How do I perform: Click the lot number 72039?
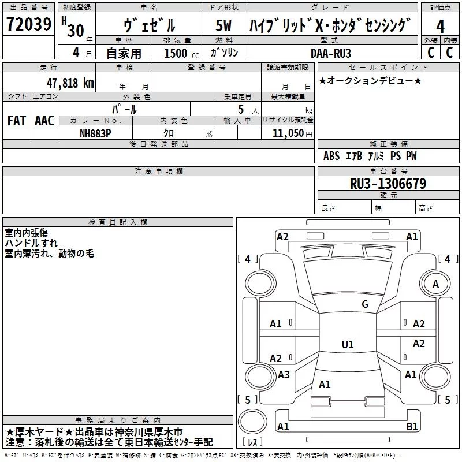[29, 24]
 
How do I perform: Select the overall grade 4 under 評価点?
[440, 27]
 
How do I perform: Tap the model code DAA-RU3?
[331, 53]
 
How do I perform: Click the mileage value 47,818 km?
[70, 83]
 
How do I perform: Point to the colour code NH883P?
[95, 133]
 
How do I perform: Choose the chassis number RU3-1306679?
[388, 184]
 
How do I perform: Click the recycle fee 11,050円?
[292, 133]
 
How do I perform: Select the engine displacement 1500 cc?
[181, 53]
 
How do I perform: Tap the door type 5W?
[223, 25]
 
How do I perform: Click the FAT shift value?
[17, 121]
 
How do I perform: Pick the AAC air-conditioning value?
[44, 121]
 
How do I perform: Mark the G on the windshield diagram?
[365, 304]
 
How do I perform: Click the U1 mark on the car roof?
[348, 344]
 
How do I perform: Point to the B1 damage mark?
[412, 426]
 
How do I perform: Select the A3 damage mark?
[284, 375]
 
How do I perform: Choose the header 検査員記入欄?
[118, 222]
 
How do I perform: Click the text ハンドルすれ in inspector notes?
[31, 243]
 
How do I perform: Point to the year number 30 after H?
[76, 31]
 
